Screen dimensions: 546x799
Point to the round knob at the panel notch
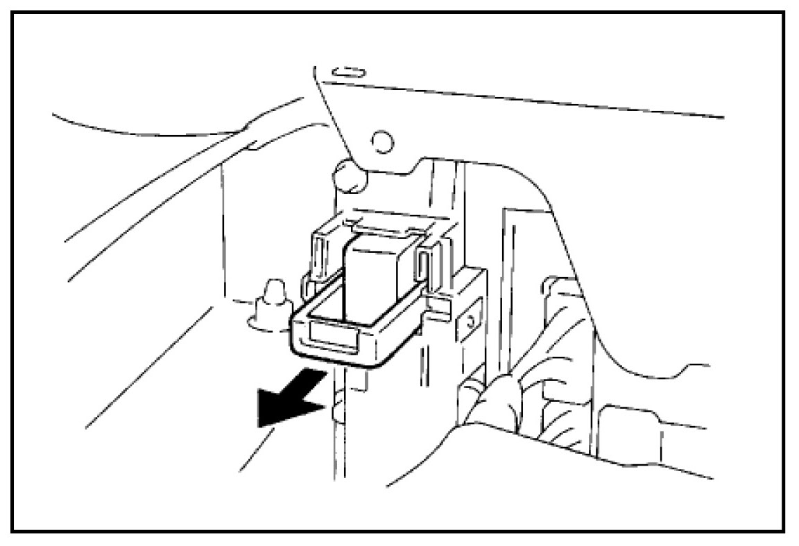(349, 177)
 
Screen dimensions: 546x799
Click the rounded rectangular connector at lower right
(628, 433)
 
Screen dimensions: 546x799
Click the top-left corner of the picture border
(13, 13)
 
